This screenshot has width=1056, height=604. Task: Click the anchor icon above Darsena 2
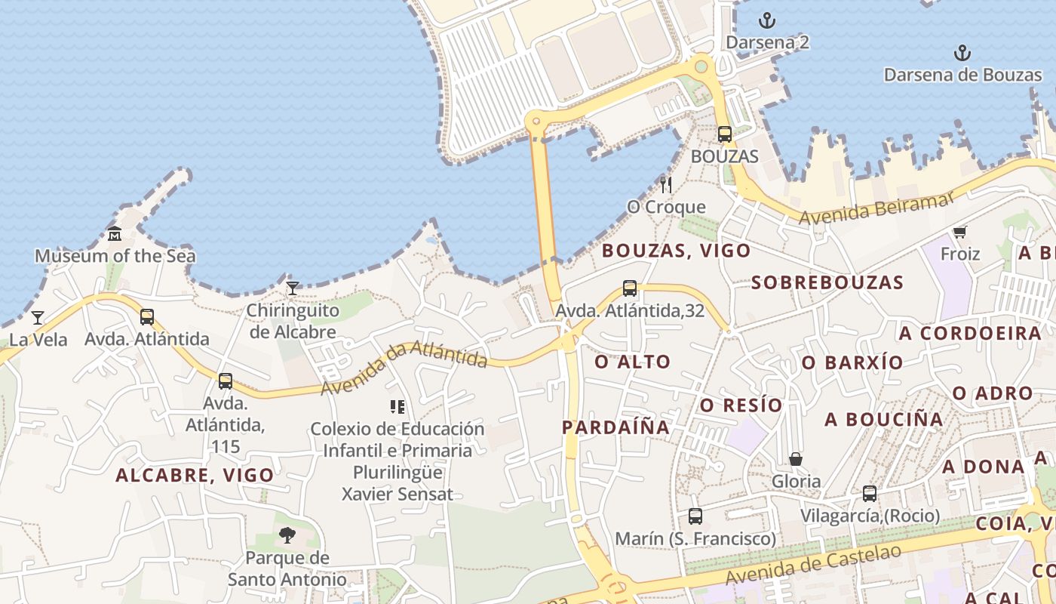pyautogui.click(x=766, y=20)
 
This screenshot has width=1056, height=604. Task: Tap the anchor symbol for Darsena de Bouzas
pyautogui.click(x=962, y=53)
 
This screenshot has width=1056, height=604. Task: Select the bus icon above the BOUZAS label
pyautogui.click(x=724, y=134)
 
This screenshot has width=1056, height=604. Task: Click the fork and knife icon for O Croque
pyautogui.click(x=666, y=184)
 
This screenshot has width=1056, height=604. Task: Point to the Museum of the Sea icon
pyautogui.click(x=115, y=233)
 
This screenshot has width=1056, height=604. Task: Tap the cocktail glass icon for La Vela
pyautogui.click(x=38, y=317)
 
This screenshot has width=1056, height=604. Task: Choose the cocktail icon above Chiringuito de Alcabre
pyautogui.click(x=293, y=288)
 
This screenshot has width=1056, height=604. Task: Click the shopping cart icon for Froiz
pyautogui.click(x=959, y=232)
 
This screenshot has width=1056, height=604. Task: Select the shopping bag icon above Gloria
pyautogui.click(x=795, y=459)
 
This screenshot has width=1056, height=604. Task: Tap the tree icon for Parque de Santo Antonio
pyautogui.click(x=287, y=535)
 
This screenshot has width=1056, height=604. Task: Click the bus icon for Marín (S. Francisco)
pyautogui.click(x=695, y=516)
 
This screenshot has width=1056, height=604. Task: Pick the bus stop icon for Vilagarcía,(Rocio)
pyautogui.click(x=870, y=494)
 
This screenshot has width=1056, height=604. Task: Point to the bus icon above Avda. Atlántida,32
pyautogui.click(x=630, y=288)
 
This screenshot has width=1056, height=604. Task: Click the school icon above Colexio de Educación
pyautogui.click(x=398, y=407)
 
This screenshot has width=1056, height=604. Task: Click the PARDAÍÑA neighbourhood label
pyautogui.click(x=615, y=427)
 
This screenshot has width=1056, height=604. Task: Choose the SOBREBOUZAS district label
pyautogui.click(x=827, y=283)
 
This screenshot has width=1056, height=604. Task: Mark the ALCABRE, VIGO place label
pyautogui.click(x=195, y=476)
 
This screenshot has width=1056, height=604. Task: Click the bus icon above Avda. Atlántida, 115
pyautogui.click(x=226, y=381)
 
